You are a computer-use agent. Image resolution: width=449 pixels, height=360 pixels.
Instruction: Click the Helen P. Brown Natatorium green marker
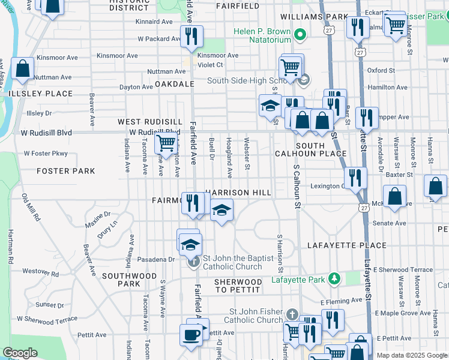302,32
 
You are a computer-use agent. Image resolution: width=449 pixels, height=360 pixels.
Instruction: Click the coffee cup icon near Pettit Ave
191,335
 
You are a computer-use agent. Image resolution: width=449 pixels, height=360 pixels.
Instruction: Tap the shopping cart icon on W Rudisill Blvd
165,143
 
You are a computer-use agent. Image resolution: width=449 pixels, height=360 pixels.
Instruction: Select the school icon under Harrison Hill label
221,210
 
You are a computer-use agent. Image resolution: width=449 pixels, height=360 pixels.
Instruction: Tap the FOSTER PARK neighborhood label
65,171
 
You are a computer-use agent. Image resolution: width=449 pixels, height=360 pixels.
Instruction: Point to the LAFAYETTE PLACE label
347,245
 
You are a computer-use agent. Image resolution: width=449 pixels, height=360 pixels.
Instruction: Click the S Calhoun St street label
297,187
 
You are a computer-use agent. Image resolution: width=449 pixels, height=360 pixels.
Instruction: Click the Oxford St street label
381,70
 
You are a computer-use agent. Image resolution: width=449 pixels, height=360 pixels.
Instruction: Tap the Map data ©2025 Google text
411,355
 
